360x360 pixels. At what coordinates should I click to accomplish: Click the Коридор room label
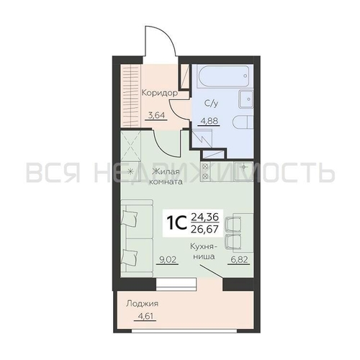[x=160, y=93]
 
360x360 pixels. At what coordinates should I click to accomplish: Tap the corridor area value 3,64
[x=156, y=115]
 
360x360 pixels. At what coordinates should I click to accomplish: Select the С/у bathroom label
[x=211, y=104]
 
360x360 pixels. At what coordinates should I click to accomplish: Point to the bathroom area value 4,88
[x=209, y=121]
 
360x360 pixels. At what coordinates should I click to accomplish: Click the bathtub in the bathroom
[x=223, y=76]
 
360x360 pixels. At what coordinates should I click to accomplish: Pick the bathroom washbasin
[x=246, y=99]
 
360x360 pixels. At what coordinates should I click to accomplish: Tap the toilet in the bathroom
[x=243, y=122]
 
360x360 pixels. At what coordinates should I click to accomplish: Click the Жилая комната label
[x=166, y=176]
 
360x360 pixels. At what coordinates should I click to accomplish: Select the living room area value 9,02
[x=167, y=259]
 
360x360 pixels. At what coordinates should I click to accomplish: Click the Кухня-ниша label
[x=204, y=251]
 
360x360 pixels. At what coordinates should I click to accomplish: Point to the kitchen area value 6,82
[x=238, y=259]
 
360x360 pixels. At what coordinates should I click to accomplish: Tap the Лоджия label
[x=143, y=304]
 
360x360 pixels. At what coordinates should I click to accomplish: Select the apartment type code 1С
[x=177, y=223]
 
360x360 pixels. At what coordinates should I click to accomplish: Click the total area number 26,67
[x=204, y=229]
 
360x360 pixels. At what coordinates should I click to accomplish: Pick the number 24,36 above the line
[x=204, y=217]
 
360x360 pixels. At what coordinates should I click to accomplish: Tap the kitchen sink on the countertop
[x=244, y=171]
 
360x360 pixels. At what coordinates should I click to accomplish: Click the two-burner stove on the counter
[x=205, y=171]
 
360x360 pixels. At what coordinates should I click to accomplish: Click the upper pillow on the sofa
[x=130, y=218]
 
